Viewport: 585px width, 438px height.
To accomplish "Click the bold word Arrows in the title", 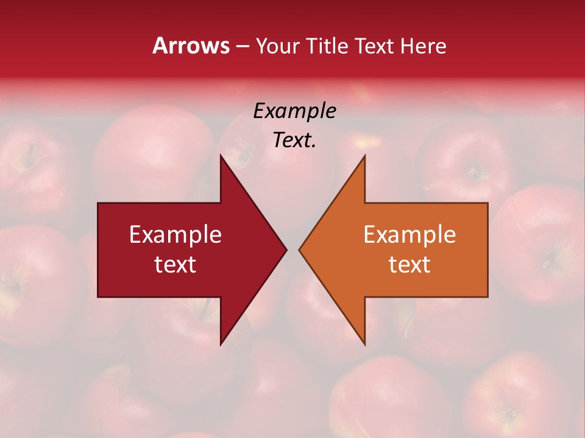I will click(191, 46).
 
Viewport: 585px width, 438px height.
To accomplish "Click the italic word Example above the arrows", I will click(294, 111).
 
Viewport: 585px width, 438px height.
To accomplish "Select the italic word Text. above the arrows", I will click(294, 141).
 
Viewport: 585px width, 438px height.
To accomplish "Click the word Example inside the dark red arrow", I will click(175, 235).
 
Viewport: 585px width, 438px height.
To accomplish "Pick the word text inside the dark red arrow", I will click(175, 264).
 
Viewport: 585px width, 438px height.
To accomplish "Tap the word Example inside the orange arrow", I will click(409, 235).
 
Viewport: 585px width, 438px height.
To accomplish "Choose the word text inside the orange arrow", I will click(409, 264).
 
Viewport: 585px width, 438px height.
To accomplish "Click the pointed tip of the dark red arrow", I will click(286, 249).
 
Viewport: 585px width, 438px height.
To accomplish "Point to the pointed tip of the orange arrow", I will click(299, 249).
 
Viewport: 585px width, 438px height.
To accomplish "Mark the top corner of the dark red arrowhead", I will click(221, 156).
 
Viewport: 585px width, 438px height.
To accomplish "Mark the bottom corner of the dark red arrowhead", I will click(221, 344).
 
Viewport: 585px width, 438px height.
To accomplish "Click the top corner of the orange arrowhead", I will click(364, 156).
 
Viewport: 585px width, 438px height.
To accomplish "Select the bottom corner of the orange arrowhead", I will click(364, 344).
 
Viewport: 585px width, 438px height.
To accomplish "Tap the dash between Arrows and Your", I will click(242, 47).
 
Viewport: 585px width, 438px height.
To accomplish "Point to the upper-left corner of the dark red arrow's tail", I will click(98, 203).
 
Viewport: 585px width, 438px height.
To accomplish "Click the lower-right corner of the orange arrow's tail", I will click(487, 297).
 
